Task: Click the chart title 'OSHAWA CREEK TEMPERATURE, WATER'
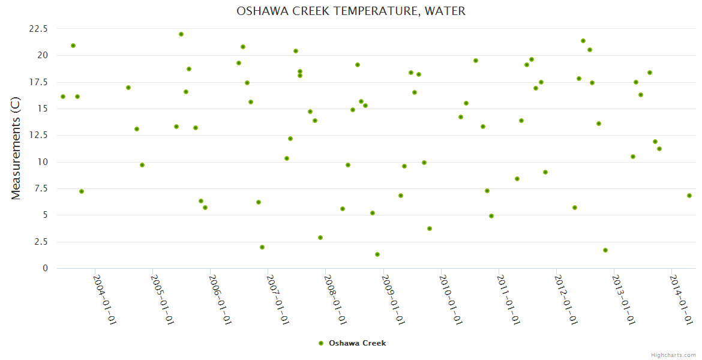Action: pyautogui.click(x=351, y=11)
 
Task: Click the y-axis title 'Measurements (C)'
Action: pyautogui.click(x=16, y=148)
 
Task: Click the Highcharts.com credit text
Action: pyautogui.click(x=673, y=355)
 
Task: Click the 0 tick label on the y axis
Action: pyautogui.click(x=44, y=268)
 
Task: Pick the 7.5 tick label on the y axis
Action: pyautogui.click(x=41, y=188)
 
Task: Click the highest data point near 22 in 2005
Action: pyautogui.click(x=181, y=34)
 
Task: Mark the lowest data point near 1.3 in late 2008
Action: pyautogui.click(x=377, y=254)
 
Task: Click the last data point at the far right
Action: pyautogui.click(x=689, y=196)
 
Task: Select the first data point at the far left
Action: pyautogui.click(x=63, y=97)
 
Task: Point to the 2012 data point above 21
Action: pyautogui.click(x=583, y=41)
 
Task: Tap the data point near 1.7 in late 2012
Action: pyautogui.click(x=605, y=250)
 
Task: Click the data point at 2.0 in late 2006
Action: pyautogui.click(x=262, y=247)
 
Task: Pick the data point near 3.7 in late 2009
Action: pyautogui.click(x=430, y=229)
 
